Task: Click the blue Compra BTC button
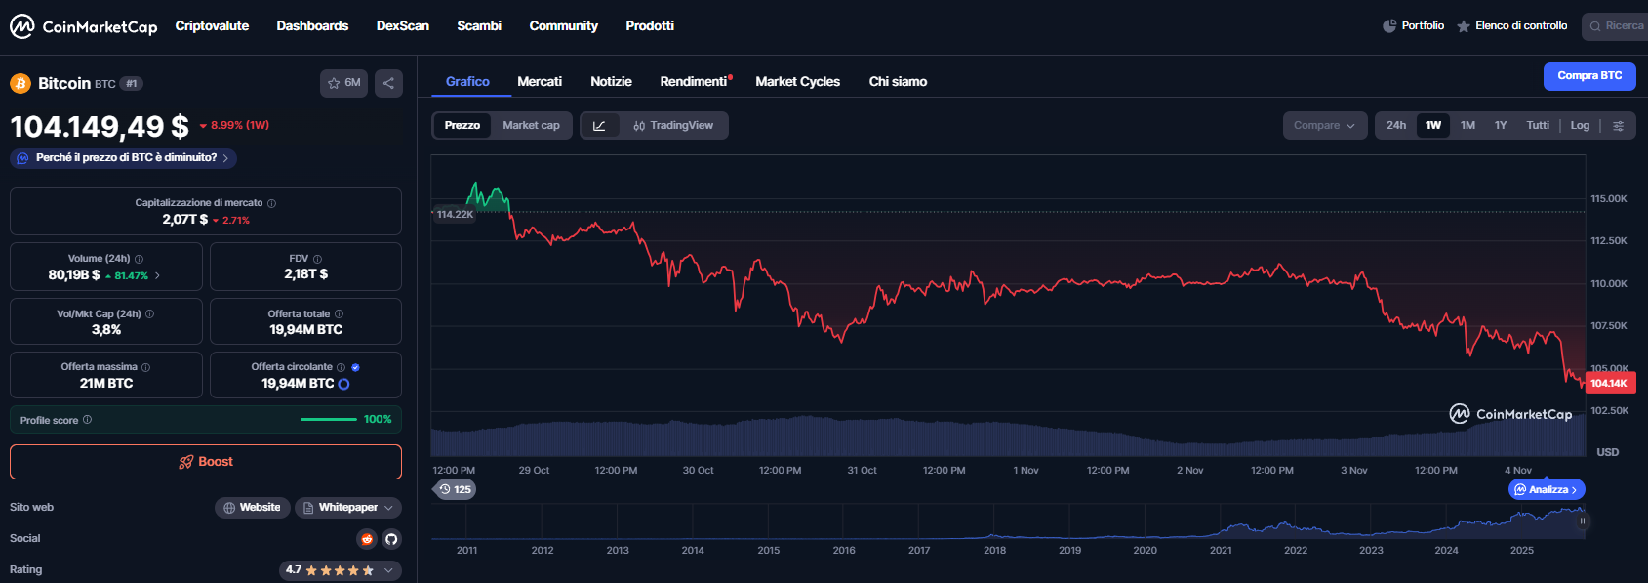pos(1588,76)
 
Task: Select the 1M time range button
pos(1467,125)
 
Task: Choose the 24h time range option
pos(1396,125)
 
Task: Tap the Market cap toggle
pos(531,125)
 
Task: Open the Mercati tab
pos(540,82)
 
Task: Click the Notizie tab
pos(611,82)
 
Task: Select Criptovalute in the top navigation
pos(212,26)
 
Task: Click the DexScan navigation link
pos(403,26)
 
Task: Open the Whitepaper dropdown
pos(348,508)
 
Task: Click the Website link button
pos(252,508)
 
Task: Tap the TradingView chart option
pos(673,125)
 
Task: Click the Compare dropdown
pos(1324,125)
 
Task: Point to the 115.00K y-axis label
pos(1608,199)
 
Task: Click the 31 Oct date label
pos(862,471)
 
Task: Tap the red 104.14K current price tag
pos(1609,383)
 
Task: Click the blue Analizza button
pos(1547,489)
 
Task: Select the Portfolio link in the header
pos(1414,26)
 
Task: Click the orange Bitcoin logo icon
pos(20,84)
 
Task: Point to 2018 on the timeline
pos(994,550)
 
